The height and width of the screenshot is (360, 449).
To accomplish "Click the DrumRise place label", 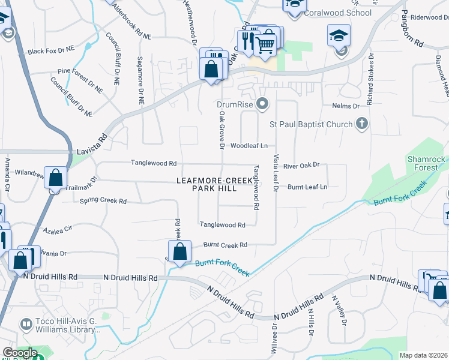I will tap(237, 104).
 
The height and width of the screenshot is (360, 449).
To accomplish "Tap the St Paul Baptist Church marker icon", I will tap(361, 124).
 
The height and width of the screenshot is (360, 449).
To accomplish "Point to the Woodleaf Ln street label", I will tap(249, 146).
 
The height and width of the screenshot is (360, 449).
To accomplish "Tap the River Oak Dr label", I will tap(301, 165).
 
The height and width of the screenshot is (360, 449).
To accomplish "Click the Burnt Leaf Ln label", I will tap(307, 187).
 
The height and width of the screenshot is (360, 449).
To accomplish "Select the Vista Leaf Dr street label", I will tap(276, 173).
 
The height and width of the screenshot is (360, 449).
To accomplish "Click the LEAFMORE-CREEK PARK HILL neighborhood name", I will tap(214, 184).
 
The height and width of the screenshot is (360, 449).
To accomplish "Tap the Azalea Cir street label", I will tap(58, 229).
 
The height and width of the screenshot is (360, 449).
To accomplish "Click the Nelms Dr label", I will tap(345, 106).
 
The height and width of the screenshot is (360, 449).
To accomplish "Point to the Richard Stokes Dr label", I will tap(370, 79).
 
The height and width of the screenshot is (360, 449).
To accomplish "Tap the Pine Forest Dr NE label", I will tap(80, 79).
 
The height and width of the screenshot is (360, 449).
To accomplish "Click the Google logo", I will tap(19, 353).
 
